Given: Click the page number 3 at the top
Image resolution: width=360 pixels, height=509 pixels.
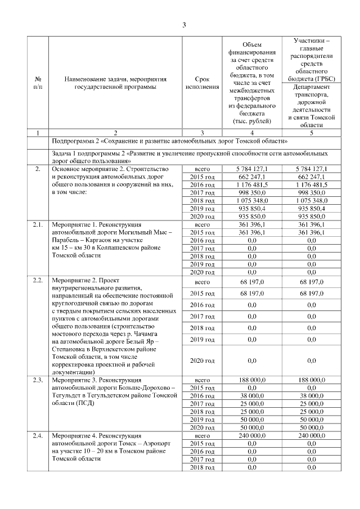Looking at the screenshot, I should pyautogui.click(x=184, y=24).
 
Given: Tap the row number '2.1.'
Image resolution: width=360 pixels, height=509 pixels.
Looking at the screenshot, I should pyautogui.click(x=38, y=224).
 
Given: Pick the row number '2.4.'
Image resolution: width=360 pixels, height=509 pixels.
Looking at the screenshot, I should pyautogui.click(x=38, y=436).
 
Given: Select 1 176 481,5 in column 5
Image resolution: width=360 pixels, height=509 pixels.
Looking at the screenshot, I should pyautogui.click(x=315, y=184).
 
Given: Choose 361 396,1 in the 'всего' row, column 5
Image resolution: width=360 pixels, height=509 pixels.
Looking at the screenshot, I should pyautogui.click(x=315, y=224).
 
